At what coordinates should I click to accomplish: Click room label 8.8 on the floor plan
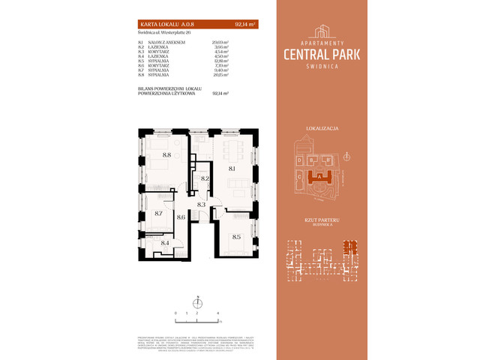coord(166,155)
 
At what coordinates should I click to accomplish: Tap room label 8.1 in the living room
coord(232,169)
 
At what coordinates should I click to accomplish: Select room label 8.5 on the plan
coord(236,237)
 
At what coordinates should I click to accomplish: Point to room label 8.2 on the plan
coord(205,178)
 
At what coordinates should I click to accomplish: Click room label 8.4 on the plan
coord(165,242)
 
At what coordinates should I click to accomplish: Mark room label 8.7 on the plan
coord(158,213)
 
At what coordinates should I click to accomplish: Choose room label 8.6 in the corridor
coord(181,217)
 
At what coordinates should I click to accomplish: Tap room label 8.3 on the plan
coord(202,203)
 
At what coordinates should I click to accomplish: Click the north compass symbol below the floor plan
coord(197,302)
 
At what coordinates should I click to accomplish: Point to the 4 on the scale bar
coord(217,311)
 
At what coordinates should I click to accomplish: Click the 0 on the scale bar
coord(175,311)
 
